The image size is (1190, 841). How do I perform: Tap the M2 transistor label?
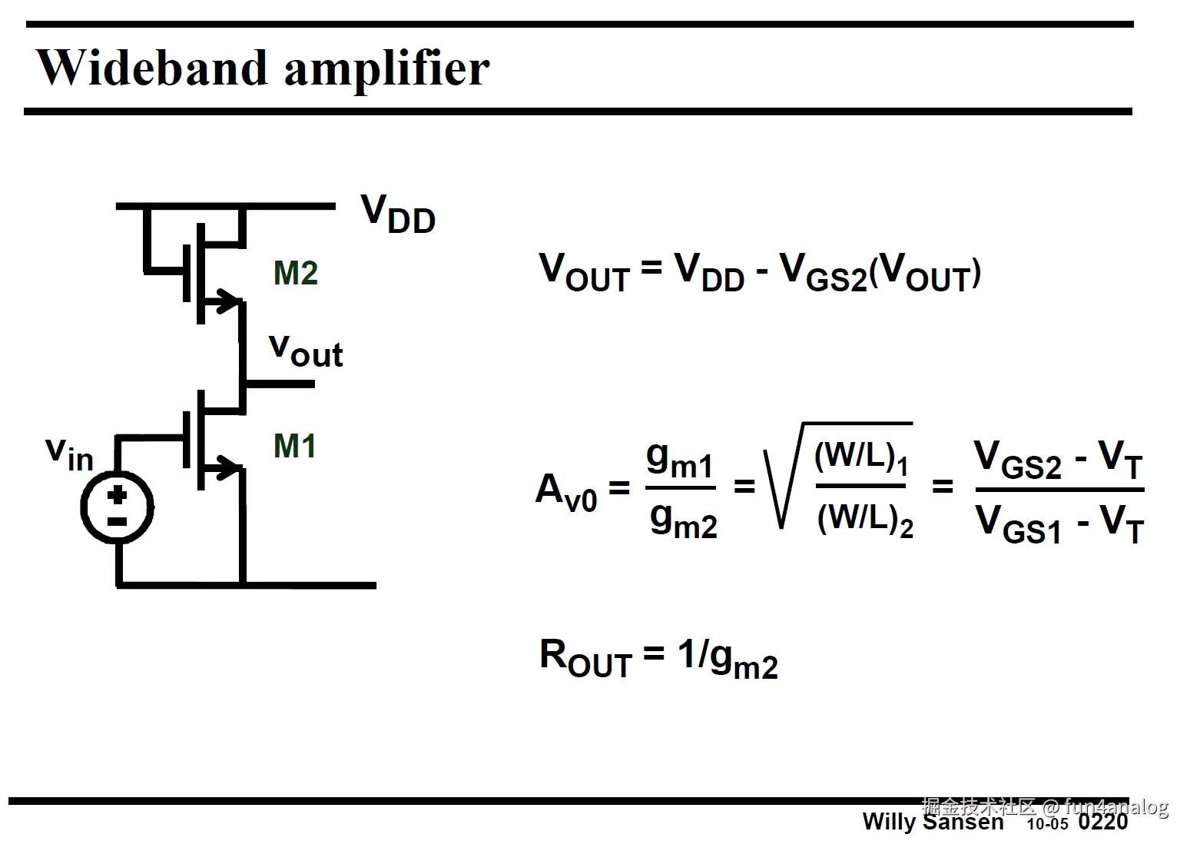tap(296, 273)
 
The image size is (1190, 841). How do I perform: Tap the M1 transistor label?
tap(295, 446)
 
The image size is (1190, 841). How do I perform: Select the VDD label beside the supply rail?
tap(397, 214)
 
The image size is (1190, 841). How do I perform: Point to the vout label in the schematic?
tap(306, 351)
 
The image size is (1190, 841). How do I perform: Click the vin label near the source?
tap(69, 453)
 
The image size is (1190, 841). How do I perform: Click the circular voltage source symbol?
tap(118, 508)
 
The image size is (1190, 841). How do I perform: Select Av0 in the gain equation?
tap(566, 490)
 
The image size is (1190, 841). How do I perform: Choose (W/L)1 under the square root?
tap(861, 458)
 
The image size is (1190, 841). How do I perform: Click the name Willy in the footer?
tap(889, 822)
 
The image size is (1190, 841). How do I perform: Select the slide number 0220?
tap(1102, 822)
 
